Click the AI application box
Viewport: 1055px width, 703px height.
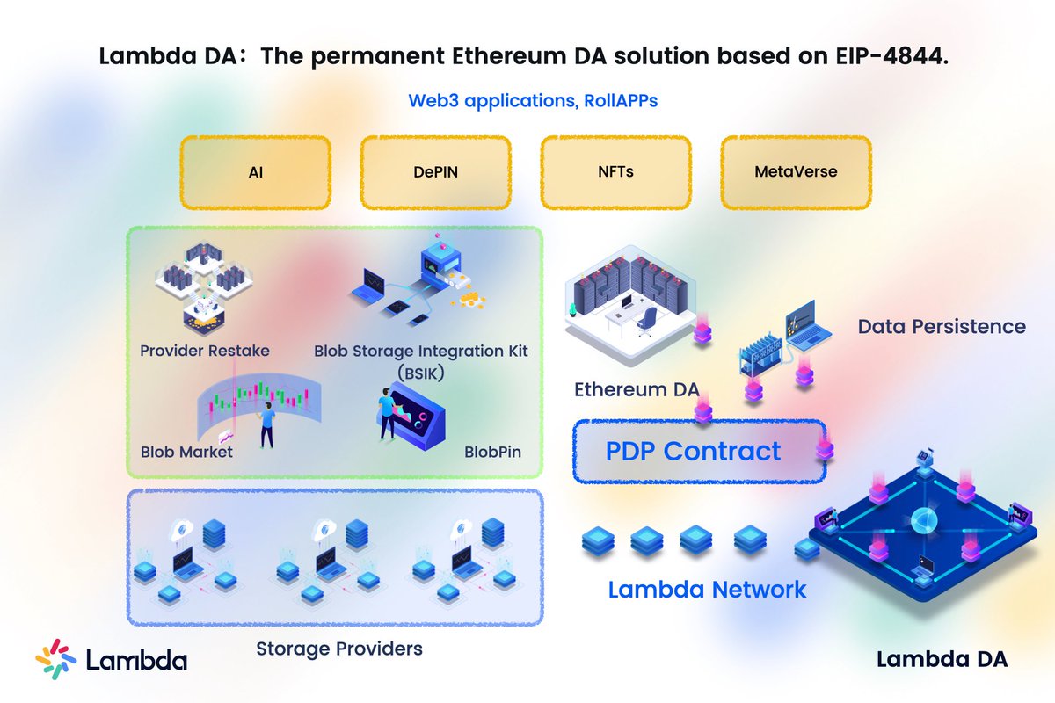(x=255, y=171)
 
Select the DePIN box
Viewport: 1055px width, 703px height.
(x=436, y=171)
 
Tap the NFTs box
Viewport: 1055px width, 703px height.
(x=615, y=171)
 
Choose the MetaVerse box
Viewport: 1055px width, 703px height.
(x=796, y=171)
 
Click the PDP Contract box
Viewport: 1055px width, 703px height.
(x=693, y=452)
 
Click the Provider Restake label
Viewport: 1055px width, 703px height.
(x=205, y=351)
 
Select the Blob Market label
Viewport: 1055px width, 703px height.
(x=186, y=452)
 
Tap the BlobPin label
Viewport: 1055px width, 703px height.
(x=492, y=452)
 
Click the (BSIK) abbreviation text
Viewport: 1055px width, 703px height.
(x=422, y=373)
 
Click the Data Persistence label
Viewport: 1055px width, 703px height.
(x=942, y=326)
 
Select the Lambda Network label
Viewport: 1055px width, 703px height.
(x=707, y=589)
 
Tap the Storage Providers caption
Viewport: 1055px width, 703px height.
(x=339, y=649)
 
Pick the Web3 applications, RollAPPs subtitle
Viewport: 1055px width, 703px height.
(x=533, y=100)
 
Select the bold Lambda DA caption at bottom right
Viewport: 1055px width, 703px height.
(x=942, y=659)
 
